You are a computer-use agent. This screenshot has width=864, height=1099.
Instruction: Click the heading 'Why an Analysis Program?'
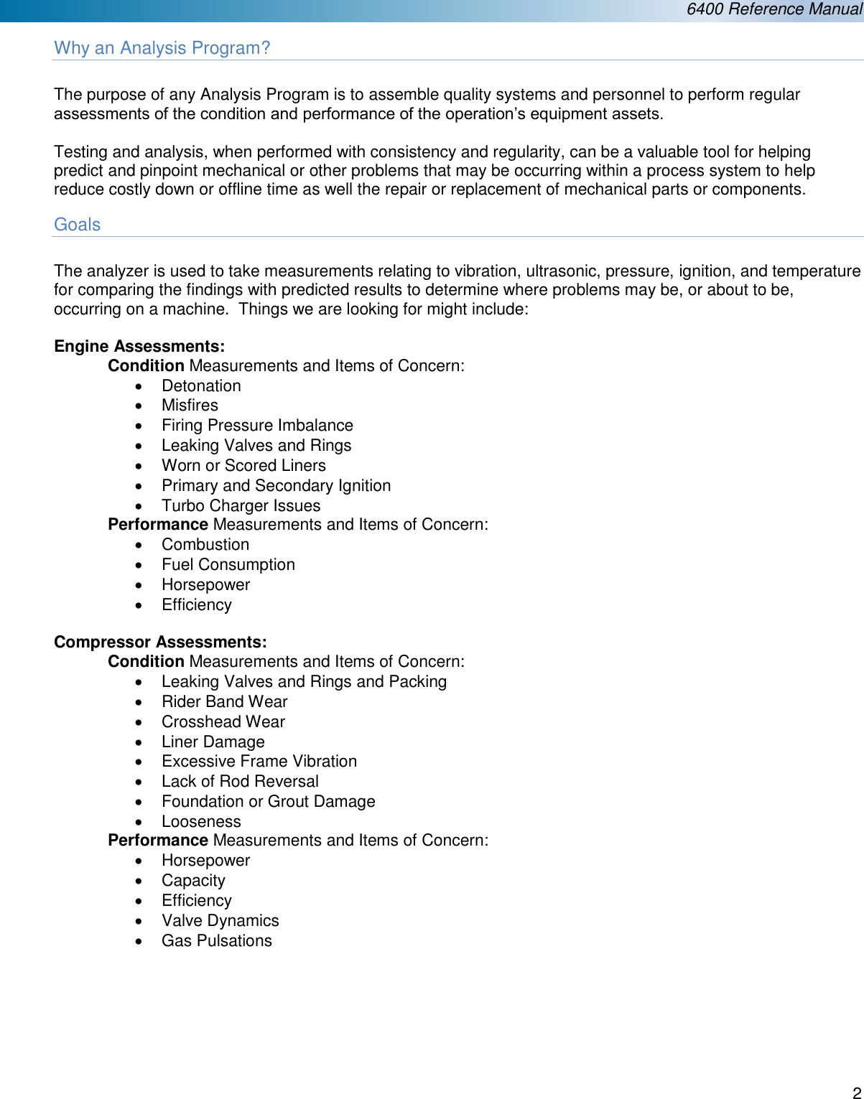pyautogui.click(x=162, y=48)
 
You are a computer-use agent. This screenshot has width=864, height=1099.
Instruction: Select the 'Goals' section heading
pyautogui.click(x=77, y=225)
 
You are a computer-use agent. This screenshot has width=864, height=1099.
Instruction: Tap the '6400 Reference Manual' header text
pyautogui.click(x=774, y=9)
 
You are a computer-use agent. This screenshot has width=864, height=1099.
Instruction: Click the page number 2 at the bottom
pyautogui.click(x=856, y=1092)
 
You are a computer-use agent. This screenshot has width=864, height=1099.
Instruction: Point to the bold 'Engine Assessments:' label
pyautogui.click(x=139, y=347)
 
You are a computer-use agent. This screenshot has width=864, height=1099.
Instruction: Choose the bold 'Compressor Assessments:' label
pyautogui.click(x=160, y=642)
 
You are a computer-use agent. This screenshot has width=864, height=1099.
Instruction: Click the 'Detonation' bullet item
pyautogui.click(x=201, y=386)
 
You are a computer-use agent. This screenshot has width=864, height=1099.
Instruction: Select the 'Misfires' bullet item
pyautogui.click(x=190, y=406)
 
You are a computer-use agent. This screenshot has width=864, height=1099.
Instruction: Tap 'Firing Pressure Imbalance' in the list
pyautogui.click(x=257, y=426)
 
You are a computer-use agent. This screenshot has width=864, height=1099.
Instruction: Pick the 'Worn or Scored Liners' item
pyautogui.click(x=243, y=466)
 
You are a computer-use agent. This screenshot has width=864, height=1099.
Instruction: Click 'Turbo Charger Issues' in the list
pyautogui.click(x=241, y=506)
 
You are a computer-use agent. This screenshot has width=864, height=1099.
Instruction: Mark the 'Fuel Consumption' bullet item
pyautogui.click(x=228, y=565)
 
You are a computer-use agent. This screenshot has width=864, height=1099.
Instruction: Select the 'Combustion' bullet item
pyautogui.click(x=205, y=545)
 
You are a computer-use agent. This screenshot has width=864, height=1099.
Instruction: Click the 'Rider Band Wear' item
pyautogui.click(x=224, y=702)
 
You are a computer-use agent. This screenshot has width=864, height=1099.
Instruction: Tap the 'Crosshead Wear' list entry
pyautogui.click(x=223, y=722)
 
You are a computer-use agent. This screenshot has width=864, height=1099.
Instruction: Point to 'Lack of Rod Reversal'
pyautogui.click(x=240, y=782)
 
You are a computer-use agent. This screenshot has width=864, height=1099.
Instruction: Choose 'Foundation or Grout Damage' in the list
pyautogui.click(x=268, y=802)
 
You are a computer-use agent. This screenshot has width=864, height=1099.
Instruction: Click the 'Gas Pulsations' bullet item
pyautogui.click(x=216, y=941)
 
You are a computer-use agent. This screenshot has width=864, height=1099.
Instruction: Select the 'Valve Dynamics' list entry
pyautogui.click(x=220, y=921)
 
